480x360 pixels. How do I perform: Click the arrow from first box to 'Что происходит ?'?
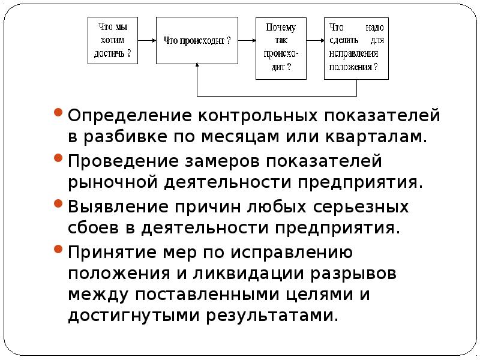pos(147,40)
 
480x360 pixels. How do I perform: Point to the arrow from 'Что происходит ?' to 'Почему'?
pos(247,40)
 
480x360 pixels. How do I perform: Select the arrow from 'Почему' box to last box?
pos(316,40)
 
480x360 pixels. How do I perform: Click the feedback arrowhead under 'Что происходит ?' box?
pos(197,65)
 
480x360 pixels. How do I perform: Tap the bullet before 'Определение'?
pos(58,112)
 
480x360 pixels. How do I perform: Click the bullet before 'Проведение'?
pos(58,158)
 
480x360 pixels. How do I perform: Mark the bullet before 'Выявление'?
pos(58,203)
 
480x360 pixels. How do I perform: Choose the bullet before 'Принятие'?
pos(58,249)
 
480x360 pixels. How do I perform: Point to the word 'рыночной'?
pos(113,183)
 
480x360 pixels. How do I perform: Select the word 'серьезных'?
pos(361,206)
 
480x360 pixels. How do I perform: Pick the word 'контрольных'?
pos(258,116)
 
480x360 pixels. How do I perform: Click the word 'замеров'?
pos(221,161)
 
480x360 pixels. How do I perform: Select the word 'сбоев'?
pos(93,227)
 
